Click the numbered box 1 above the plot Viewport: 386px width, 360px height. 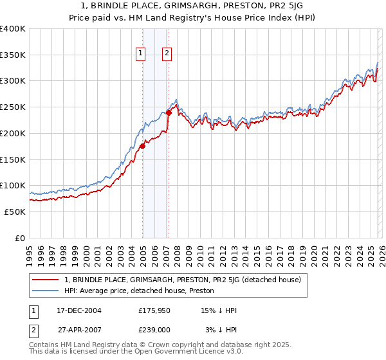click(140, 54)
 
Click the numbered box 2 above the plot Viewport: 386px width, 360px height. click(167, 54)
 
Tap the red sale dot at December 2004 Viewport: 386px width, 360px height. click(142, 146)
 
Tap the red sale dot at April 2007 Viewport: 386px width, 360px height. click(169, 113)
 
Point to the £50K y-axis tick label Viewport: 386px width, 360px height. click(14, 212)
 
